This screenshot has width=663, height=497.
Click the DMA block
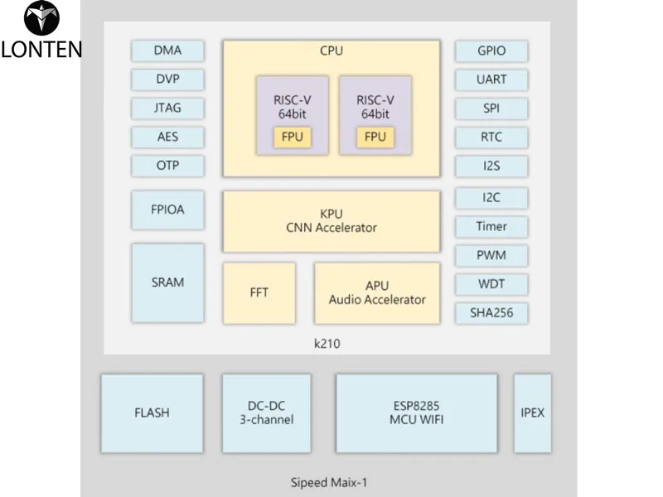[x=167, y=51]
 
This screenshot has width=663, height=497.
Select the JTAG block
[x=167, y=109]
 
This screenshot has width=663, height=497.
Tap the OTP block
[x=167, y=165]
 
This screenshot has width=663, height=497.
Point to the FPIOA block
[x=167, y=210]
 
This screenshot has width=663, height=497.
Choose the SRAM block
[x=167, y=282]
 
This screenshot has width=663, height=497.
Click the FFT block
[x=259, y=293]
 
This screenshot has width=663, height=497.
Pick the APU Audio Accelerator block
[x=377, y=293]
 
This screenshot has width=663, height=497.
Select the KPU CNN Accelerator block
[x=331, y=221]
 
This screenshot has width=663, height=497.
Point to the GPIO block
[x=491, y=51]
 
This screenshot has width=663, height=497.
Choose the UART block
[x=491, y=80]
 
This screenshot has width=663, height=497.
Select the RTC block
[x=491, y=137]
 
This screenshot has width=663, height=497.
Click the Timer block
[x=491, y=226]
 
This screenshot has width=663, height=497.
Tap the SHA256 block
[x=491, y=312]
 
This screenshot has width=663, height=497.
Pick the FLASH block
[x=152, y=413]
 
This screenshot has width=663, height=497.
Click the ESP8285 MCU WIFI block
[x=416, y=413]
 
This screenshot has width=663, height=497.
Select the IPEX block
[x=532, y=413]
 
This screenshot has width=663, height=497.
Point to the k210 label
[x=328, y=342]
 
